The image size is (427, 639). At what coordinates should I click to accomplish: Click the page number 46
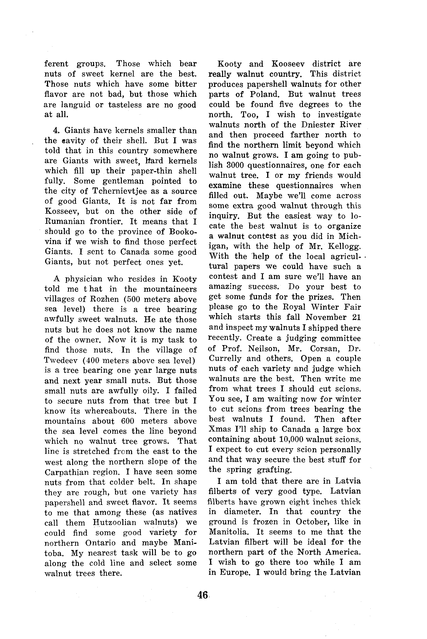point(203,595)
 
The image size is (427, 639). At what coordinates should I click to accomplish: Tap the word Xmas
point(217,429)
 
